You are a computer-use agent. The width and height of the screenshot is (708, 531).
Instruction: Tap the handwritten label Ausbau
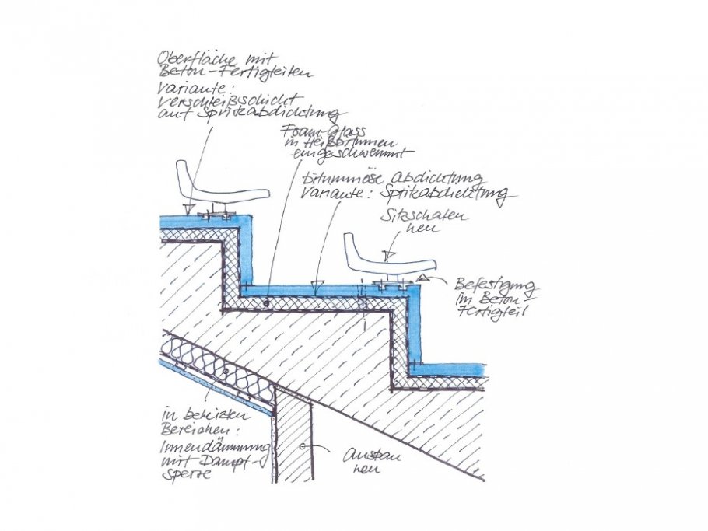point(363,457)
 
